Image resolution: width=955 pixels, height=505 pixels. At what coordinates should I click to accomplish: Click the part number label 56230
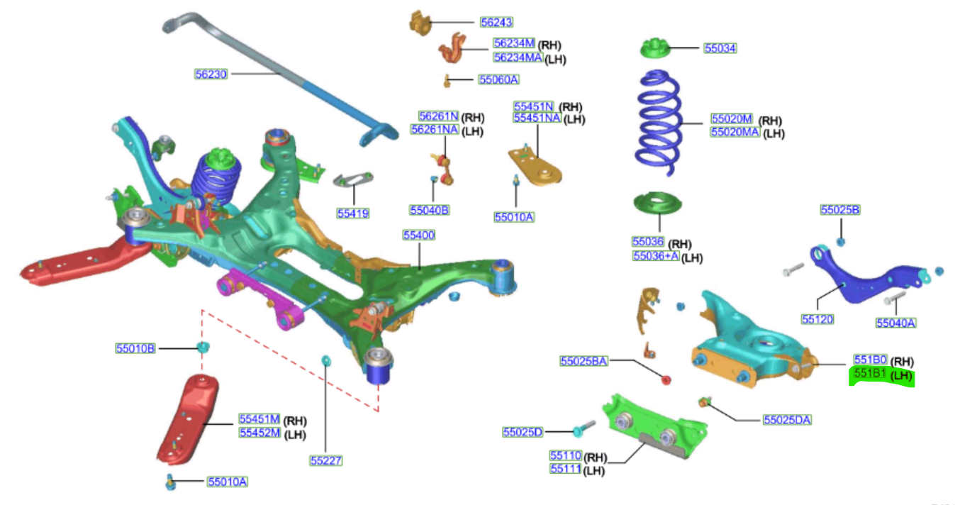pos(211,73)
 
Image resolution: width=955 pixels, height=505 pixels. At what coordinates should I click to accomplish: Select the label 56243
pos(496,23)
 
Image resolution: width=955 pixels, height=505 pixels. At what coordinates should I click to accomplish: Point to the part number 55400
pos(418,235)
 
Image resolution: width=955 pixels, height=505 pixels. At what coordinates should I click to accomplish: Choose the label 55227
pos(326,460)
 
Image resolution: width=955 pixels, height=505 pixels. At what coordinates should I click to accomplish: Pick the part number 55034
pos(720,48)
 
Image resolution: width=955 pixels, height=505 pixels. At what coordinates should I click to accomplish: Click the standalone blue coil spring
pos(659,124)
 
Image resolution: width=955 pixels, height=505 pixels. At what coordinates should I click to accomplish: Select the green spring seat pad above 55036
pos(657,206)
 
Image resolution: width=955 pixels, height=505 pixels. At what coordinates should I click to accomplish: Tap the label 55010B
pos(135,348)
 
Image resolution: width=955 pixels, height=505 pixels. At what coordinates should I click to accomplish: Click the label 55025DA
pos(787,420)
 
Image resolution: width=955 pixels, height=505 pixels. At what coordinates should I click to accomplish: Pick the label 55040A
pos(896,323)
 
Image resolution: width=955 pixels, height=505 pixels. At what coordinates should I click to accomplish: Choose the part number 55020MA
pos(735,132)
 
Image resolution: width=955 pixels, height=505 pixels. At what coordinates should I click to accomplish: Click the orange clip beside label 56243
pos(421,23)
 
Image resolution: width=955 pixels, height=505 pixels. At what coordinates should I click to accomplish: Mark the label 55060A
pos(498,79)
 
